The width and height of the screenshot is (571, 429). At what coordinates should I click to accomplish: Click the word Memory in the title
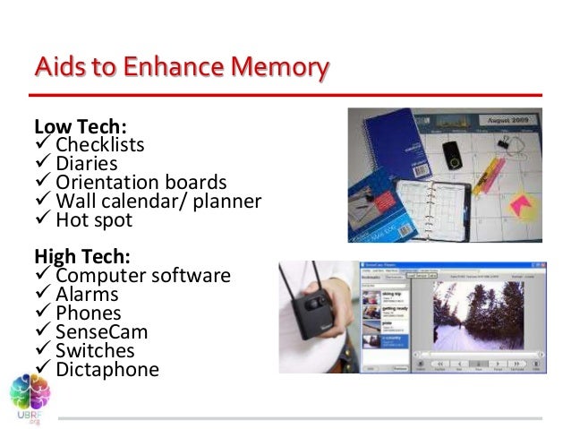(x=275, y=68)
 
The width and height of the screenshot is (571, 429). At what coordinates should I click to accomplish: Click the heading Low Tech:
(x=73, y=125)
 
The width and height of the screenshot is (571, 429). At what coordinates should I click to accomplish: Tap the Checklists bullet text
(x=99, y=144)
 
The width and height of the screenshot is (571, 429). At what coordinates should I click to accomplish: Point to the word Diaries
(x=86, y=163)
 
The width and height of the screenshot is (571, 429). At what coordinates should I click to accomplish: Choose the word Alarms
(x=87, y=294)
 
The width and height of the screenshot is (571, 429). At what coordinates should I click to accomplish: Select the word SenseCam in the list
(x=101, y=331)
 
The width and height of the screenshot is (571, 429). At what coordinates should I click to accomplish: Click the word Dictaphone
(x=107, y=369)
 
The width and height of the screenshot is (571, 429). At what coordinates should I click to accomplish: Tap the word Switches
(x=95, y=350)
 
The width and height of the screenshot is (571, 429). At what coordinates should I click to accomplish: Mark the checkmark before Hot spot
(x=42, y=219)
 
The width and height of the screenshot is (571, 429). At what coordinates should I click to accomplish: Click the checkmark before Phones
(x=42, y=313)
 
